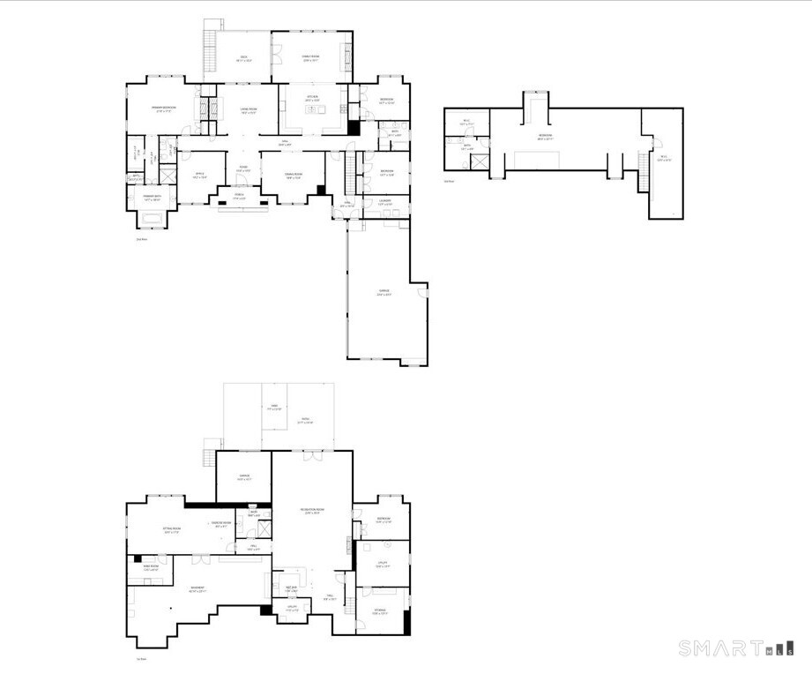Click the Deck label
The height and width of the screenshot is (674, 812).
pyautogui.click(x=244, y=58)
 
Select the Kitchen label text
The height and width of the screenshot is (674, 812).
pyautogui.click(x=312, y=97)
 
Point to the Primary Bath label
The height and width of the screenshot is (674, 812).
pyautogui.click(x=151, y=198)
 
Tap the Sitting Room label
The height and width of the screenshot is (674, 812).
pyautogui.click(x=172, y=530)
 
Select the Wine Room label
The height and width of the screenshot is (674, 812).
pyautogui.click(x=151, y=567)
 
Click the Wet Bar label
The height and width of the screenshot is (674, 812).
pyautogui.click(x=291, y=589)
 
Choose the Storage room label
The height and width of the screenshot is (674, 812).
pyautogui.click(x=379, y=610)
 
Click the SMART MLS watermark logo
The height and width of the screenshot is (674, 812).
pyautogui.click(x=735, y=649)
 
